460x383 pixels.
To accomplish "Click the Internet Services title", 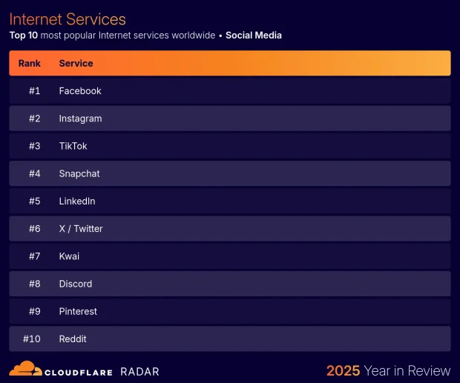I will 68,19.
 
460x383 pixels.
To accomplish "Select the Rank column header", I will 30,64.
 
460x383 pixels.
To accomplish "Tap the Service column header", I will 76,64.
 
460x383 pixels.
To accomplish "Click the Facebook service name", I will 80,91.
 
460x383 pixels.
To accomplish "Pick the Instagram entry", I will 80,119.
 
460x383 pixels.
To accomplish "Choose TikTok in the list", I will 73,146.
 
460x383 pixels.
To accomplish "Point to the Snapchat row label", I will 79,173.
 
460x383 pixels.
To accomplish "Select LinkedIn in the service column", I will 77,202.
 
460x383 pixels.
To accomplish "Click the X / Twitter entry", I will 81,229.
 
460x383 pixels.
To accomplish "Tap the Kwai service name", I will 69,256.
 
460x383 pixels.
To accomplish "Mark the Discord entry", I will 76,284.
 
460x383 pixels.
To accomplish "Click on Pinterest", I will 78,311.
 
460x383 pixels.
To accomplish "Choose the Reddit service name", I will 73,339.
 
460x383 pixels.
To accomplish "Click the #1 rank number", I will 34,91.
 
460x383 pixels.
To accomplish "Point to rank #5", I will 34,202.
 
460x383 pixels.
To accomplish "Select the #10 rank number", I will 32,339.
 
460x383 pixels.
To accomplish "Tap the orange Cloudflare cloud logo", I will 25,368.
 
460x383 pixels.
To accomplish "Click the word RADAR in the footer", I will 139,371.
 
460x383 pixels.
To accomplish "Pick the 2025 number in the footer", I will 343,370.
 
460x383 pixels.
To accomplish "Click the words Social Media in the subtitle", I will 254,35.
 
